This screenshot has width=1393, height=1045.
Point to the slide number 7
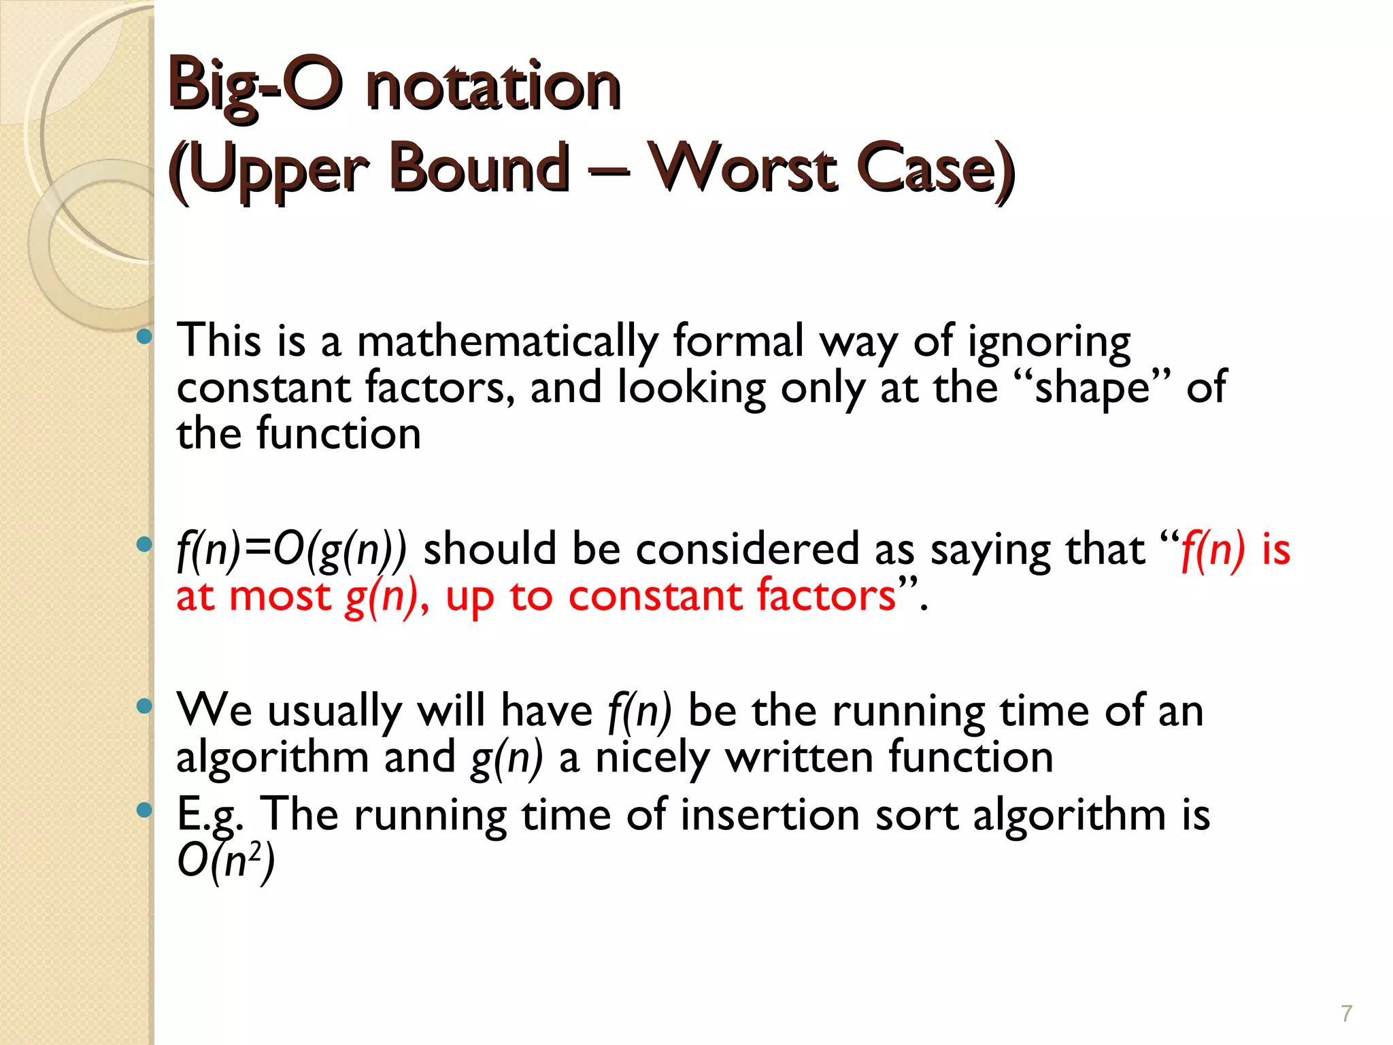pos(1346,1014)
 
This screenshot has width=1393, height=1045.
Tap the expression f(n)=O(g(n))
pos(291,549)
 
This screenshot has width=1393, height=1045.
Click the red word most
pos(280,596)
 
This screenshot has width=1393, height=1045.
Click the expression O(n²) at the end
pos(226,862)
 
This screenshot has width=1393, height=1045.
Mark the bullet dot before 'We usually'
pos(144,706)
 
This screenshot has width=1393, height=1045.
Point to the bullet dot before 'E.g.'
pos(144,810)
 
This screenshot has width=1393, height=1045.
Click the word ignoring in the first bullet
pos(1049,342)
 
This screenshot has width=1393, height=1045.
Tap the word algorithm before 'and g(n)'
pos(272,758)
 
